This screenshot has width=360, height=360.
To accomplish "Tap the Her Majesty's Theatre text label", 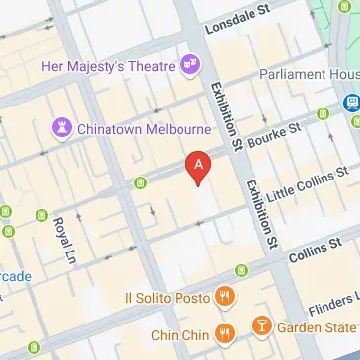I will click(x=108, y=66).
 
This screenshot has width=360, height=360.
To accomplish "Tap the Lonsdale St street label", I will click(x=239, y=24).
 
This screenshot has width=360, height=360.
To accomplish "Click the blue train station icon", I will click(x=351, y=102).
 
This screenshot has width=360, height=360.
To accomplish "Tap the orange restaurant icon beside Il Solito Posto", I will click(x=226, y=296).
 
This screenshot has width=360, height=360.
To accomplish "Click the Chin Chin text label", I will click(x=178, y=335).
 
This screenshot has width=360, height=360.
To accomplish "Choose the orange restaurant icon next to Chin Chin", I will click(x=226, y=335).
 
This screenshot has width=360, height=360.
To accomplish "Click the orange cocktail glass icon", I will click(x=262, y=325).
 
